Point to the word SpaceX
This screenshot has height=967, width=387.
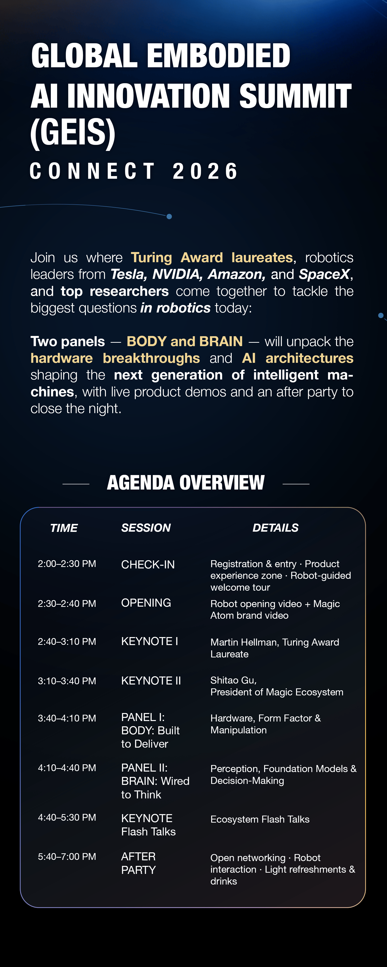point(324,275)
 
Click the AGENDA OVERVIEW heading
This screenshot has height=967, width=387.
point(186,483)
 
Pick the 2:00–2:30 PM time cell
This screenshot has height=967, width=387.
point(67,564)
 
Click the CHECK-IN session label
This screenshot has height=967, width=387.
point(148,564)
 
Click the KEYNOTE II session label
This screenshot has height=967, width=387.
point(151,681)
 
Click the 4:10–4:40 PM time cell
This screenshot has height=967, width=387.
point(67,768)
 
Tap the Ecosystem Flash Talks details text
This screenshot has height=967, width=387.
point(260,819)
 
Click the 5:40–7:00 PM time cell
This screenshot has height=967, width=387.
point(67,857)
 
